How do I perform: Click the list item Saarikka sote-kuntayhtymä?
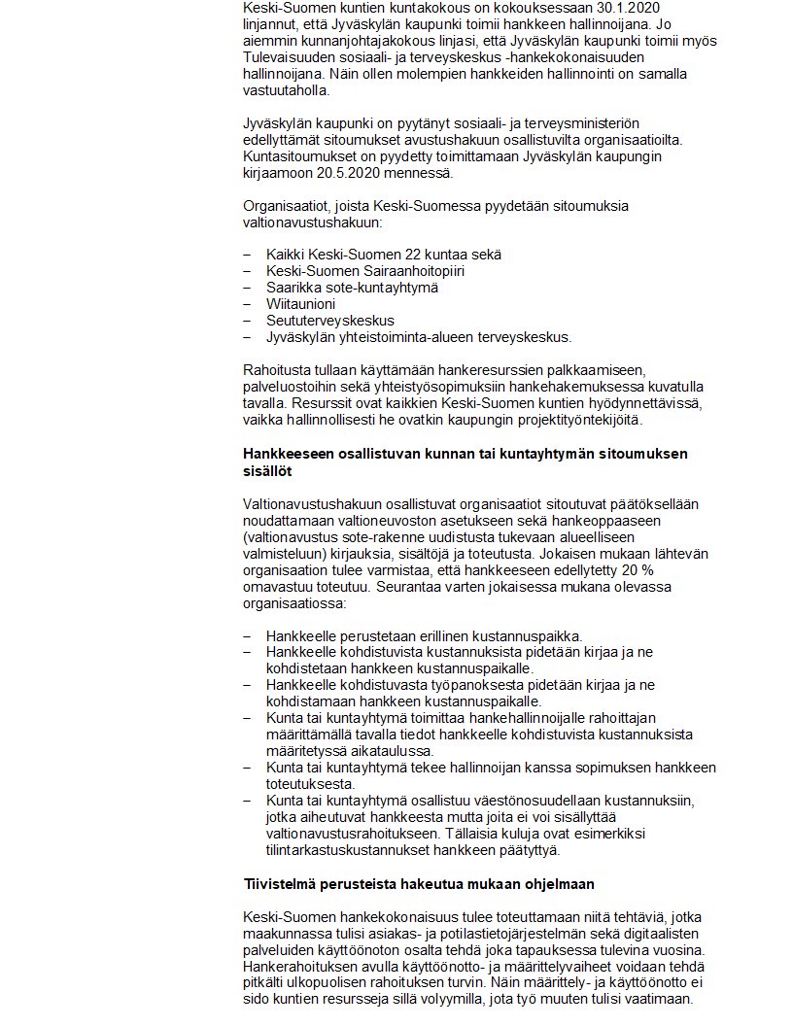coord(352,288)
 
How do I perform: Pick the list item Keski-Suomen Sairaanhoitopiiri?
coord(365,271)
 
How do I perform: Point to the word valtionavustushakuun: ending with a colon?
coord(312,222)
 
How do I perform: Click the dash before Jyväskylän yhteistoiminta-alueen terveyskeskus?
coord(247,337)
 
